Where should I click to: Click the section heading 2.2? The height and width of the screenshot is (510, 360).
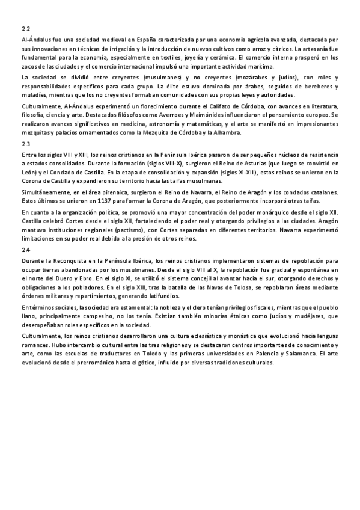click(25, 28)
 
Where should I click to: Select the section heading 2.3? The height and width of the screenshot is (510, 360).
click(25, 144)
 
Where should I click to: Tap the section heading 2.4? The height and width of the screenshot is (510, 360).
click(25, 249)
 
